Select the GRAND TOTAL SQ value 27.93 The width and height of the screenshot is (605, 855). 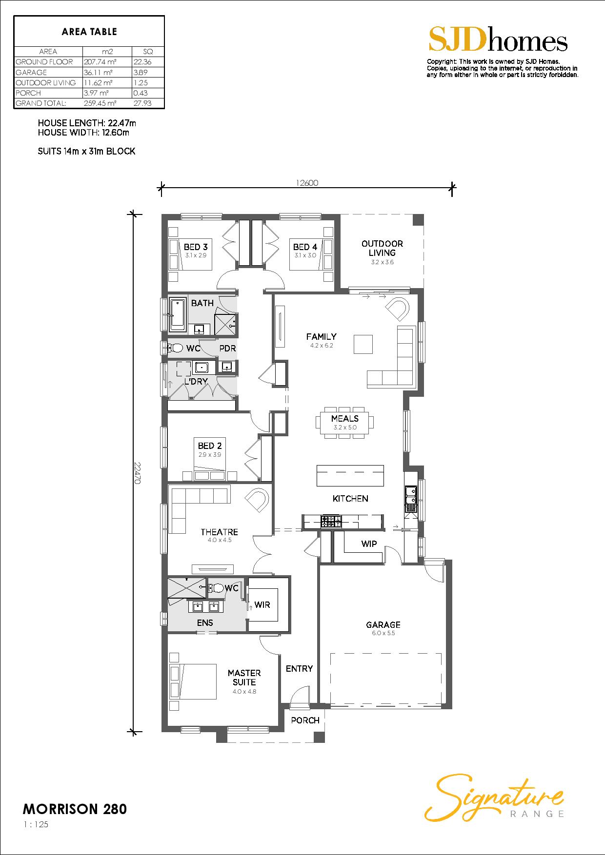click(x=142, y=103)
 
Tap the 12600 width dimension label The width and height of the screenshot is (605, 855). click(x=307, y=183)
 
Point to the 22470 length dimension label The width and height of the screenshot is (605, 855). click(x=138, y=472)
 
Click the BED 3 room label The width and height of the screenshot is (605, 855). click(x=196, y=247)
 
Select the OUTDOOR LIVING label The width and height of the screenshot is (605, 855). click(x=382, y=248)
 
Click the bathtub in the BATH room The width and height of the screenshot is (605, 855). click(x=177, y=315)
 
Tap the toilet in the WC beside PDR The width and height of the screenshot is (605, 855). click(x=175, y=348)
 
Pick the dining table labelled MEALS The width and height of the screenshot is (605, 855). click(x=344, y=422)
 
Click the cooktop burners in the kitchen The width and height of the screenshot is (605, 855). click(x=330, y=522)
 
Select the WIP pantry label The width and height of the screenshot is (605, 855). click(x=369, y=544)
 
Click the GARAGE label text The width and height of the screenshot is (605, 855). click(x=383, y=624)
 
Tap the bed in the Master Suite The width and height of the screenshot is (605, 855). click(x=193, y=682)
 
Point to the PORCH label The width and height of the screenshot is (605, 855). click(x=305, y=720)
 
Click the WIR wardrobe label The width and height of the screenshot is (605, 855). click(x=262, y=605)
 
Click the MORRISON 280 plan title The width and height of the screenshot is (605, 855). click(x=75, y=809)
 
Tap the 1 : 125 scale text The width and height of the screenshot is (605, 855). click(x=36, y=825)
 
